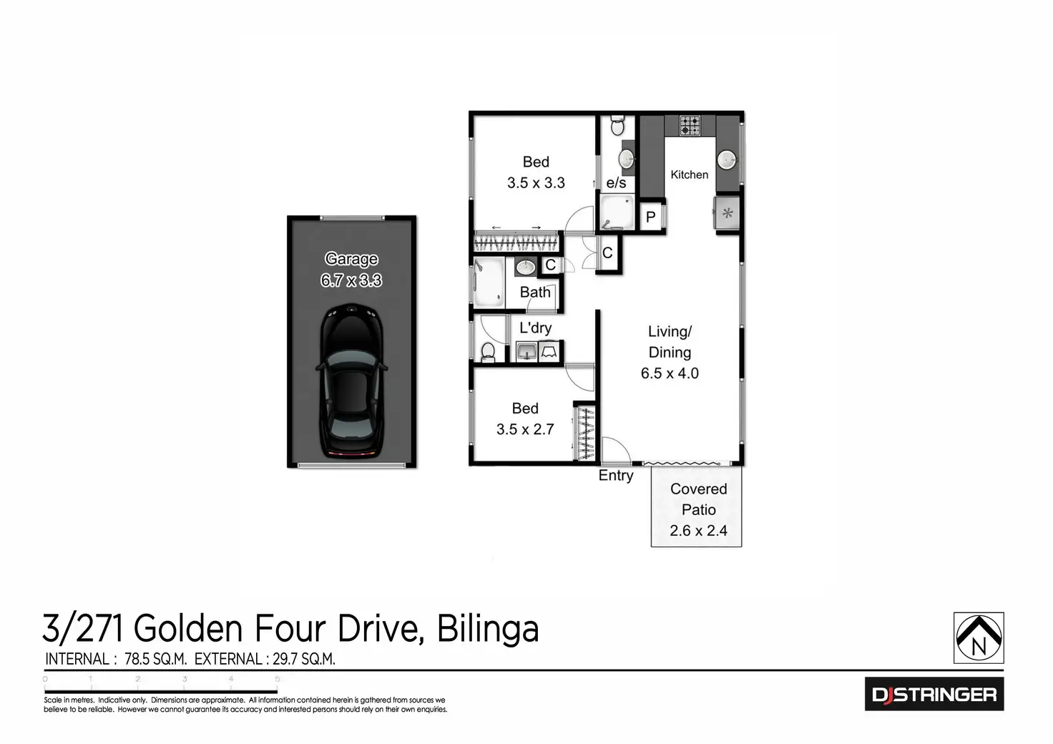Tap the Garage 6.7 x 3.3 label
click(351, 270)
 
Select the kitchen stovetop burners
click(690, 125)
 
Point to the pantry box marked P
click(651, 217)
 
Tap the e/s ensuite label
click(616, 183)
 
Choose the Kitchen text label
click(689, 175)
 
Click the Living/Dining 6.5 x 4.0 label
click(670, 352)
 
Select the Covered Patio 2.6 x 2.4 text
click(698, 509)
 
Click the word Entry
click(616, 476)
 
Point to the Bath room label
click(535, 292)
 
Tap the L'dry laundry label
click(535, 328)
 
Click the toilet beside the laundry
click(488, 351)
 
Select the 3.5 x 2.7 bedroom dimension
click(525, 429)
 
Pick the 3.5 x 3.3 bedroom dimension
click(536, 182)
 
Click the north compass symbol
click(979, 638)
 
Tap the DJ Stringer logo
click(934, 694)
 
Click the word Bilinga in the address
click(487, 629)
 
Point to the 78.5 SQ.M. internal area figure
click(155, 659)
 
